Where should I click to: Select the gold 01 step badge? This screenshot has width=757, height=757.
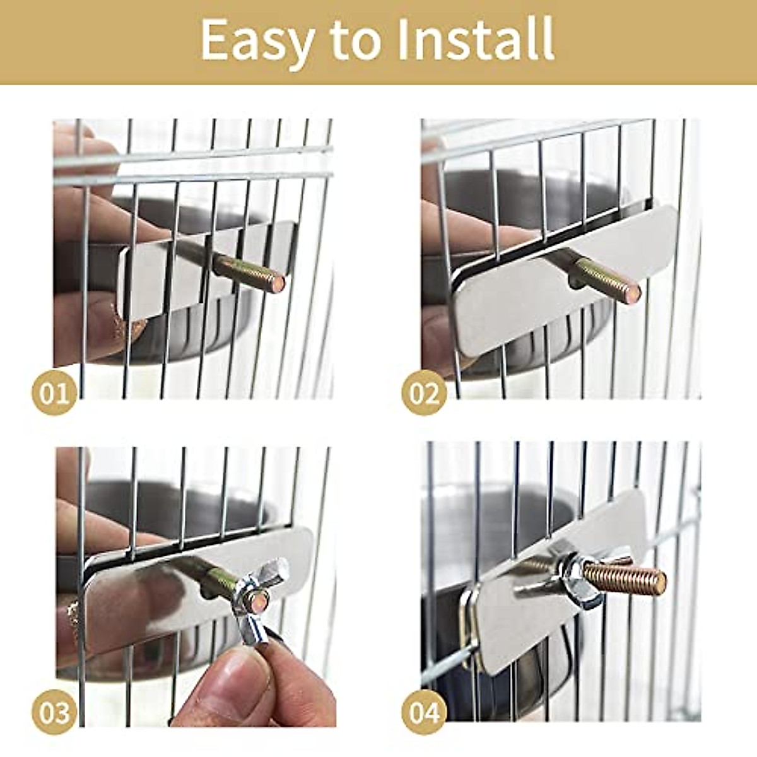[x=54, y=394]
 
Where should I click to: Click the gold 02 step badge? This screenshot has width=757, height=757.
[x=424, y=394]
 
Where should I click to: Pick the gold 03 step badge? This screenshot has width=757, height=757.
[x=54, y=713]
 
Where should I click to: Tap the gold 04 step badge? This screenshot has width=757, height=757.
[x=424, y=713]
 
